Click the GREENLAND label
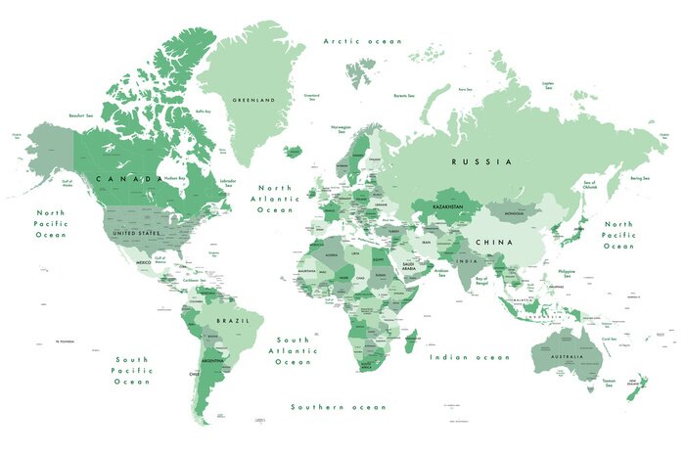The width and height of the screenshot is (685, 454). coord(253,100)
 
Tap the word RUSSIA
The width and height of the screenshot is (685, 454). coord(481,160)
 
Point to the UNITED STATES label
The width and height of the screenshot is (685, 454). coord(136,234)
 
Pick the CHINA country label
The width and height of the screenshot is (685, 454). coord(494,242)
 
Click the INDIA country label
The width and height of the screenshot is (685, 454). coord(469,261)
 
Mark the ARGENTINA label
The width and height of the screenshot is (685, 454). coord(213,362)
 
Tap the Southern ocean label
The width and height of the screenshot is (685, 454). coord(339,406)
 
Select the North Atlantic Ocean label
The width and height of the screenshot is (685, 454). coord(275,199)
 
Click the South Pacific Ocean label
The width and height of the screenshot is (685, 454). coord(132,370)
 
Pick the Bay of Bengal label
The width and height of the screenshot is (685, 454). coord(481,282)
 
